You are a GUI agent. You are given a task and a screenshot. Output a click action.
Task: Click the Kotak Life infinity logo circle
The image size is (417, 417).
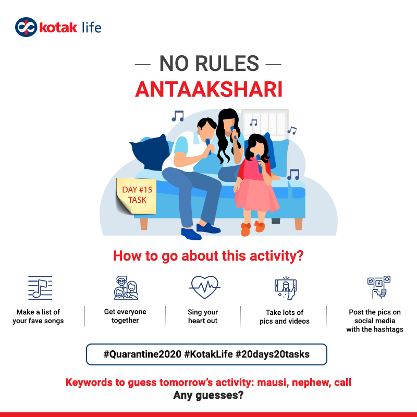(26, 27)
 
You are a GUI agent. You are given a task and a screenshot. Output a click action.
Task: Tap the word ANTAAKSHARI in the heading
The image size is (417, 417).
(208, 89)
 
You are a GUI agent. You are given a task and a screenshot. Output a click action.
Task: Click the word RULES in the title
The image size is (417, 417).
(227, 63)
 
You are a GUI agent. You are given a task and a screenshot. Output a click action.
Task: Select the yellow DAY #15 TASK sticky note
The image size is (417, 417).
(136, 195)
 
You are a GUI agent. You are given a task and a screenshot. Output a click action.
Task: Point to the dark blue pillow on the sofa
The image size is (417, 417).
(150, 152)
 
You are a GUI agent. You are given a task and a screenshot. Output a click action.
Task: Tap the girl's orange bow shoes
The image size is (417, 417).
(253, 228)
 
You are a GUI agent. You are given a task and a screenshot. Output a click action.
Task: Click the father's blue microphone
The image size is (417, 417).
(208, 146)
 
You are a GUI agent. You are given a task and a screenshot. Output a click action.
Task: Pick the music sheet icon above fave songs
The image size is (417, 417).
(40, 288)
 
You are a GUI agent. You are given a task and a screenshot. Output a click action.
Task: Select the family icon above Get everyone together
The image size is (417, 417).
(126, 288)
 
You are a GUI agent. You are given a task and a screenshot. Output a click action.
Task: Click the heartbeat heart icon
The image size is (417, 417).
(204, 287)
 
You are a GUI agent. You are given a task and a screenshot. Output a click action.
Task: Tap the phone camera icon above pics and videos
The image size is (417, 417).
(286, 288)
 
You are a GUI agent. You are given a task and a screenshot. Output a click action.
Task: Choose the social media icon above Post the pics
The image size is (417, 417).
(379, 287)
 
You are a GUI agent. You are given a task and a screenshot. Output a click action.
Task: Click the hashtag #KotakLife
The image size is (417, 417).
(208, 354)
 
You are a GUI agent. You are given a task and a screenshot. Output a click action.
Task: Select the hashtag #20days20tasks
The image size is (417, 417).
(273, 354)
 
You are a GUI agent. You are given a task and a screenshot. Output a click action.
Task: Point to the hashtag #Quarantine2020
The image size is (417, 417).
(142, 354)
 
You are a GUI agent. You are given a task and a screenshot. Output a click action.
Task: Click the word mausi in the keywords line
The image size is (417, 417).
(273, 383)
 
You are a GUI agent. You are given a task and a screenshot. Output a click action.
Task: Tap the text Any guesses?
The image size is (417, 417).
(208, 395)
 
